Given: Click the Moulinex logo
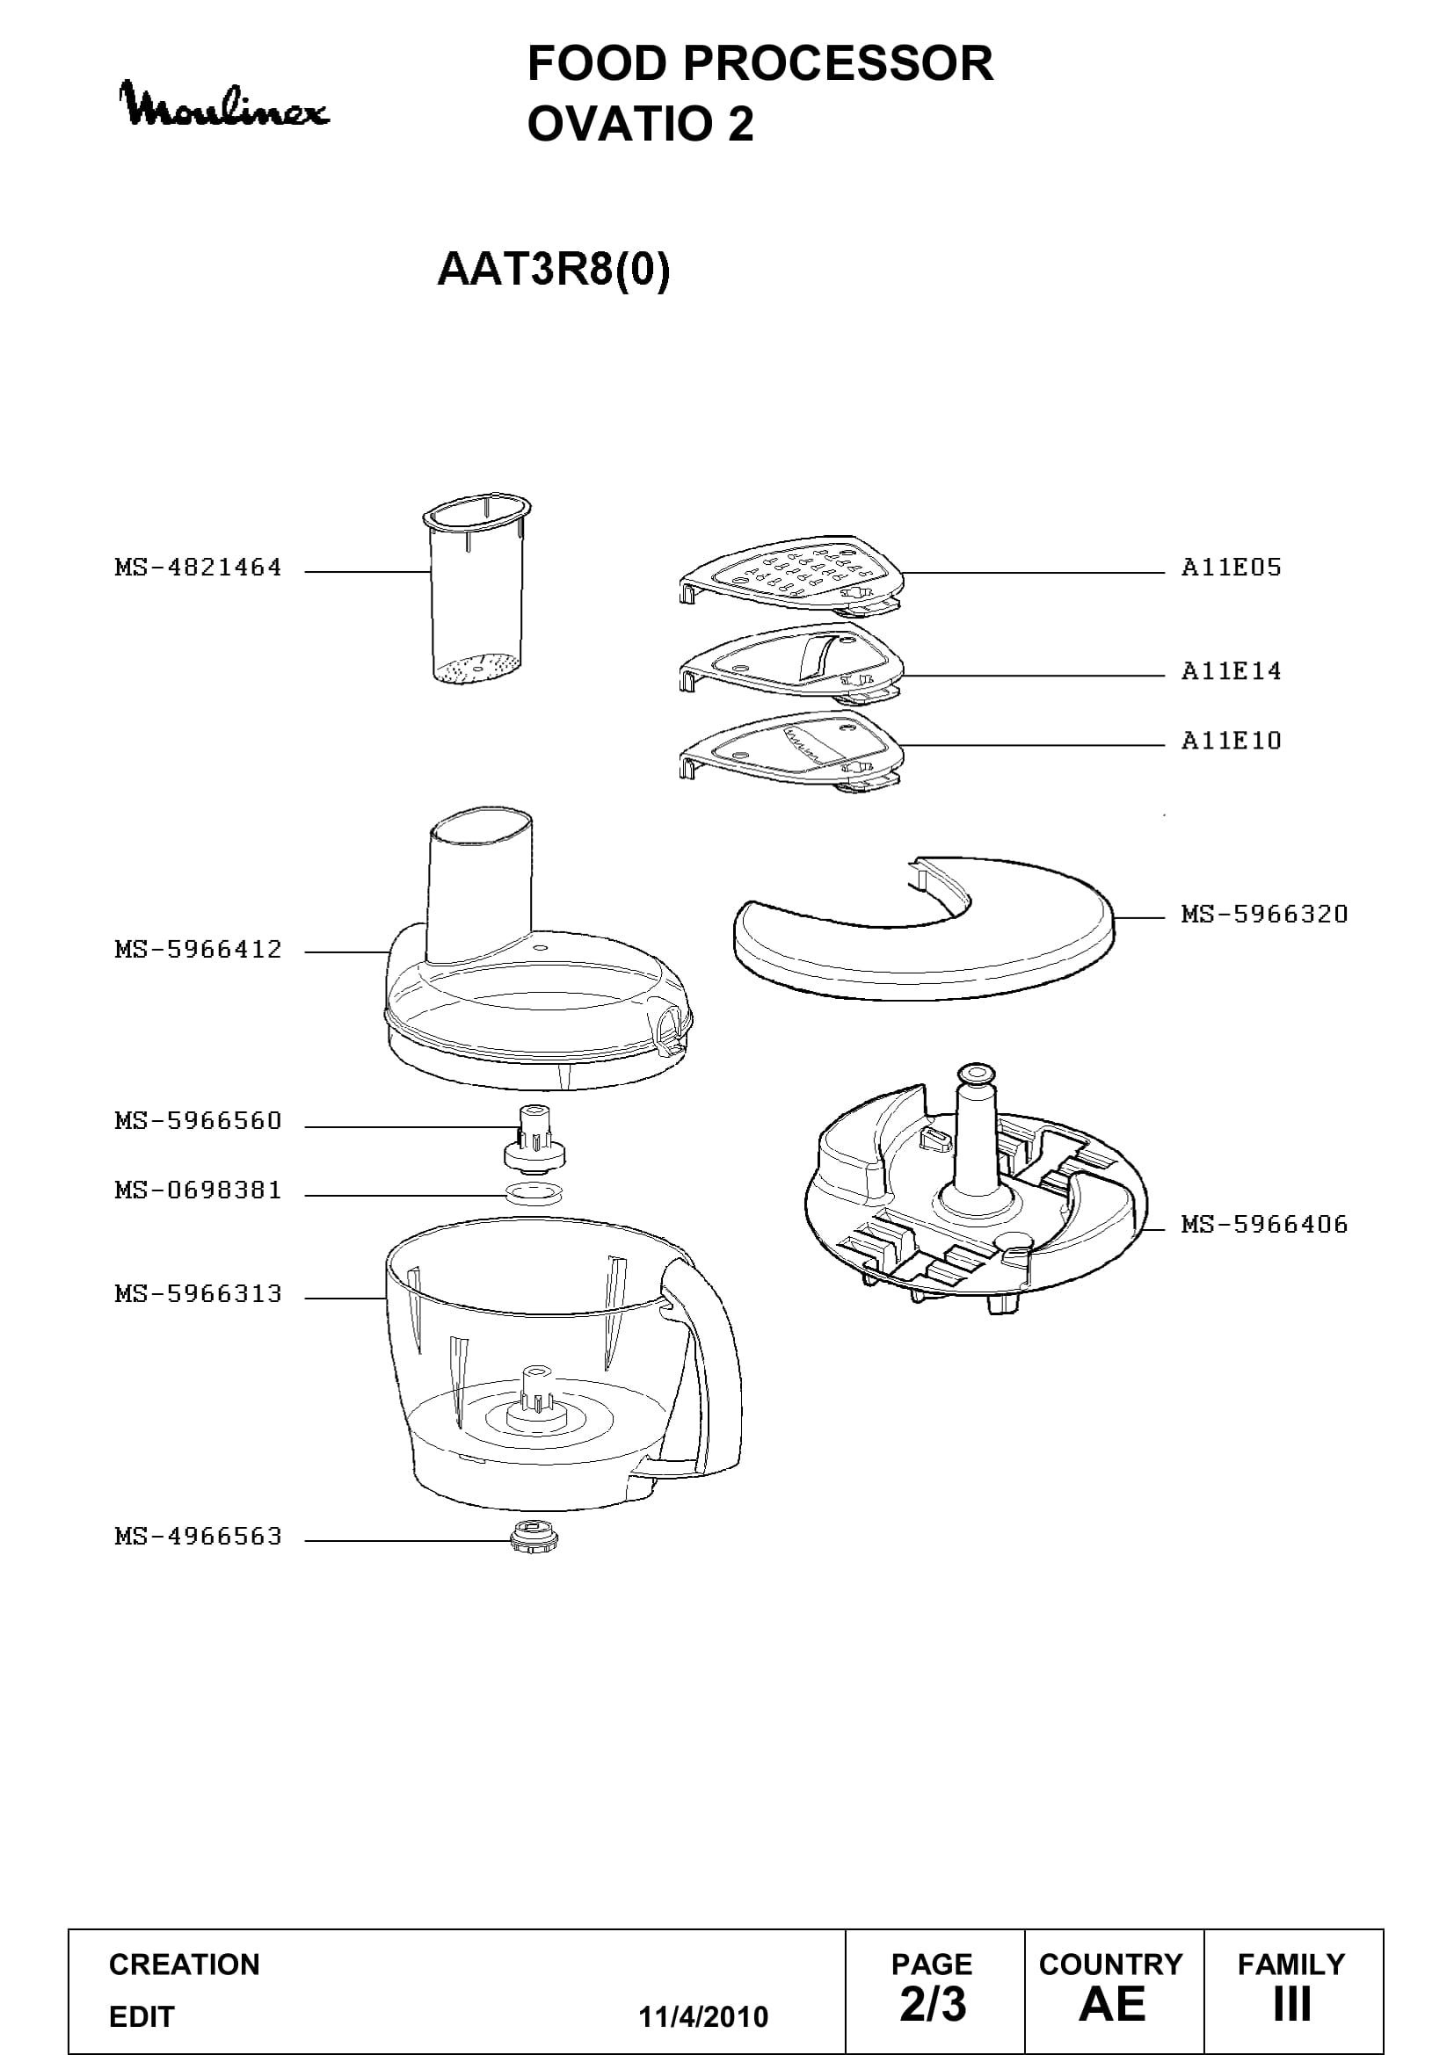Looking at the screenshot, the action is pyautogui.click(x=225, y=105).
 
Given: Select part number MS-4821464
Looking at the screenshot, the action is pyautogui.click(x=198, y=567).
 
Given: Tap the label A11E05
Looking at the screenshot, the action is pyautogui.click(x=1231, y=567).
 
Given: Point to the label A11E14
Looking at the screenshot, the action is pyautogui.click(x=1231, y=670).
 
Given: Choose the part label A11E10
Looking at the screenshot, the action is pyautogui.click(x=1231, y=740).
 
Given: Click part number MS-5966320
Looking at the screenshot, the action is pyautogui.click(x=1264, y=914).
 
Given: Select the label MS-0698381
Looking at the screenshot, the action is pyautogui.click(x=198, y=1190).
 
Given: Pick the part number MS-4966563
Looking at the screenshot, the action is pyautogui.click(x=198, y=1536).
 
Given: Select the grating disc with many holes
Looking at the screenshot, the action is pyautogui.click(x=791, y=576).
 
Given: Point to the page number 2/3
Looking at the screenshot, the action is pyautogui.click(x=933, y=2004).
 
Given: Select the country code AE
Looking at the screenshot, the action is pyautogui.click(x=1112, y=2004).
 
